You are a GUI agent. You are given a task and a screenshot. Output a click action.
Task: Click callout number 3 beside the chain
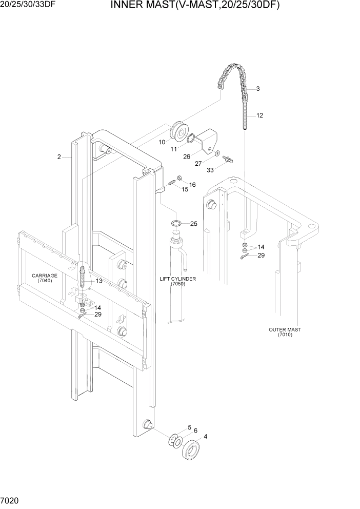[257, 89]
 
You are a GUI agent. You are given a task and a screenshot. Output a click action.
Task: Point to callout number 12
[259, 115]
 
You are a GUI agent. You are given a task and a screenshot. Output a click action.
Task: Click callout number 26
[186, 156]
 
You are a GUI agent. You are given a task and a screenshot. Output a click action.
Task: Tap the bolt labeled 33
[229, 160]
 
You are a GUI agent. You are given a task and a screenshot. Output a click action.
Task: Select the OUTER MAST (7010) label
[285, 332]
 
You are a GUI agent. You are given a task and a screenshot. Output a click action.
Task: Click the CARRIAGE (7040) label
[45, 278]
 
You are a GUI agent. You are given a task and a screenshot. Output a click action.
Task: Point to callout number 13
[98, 281]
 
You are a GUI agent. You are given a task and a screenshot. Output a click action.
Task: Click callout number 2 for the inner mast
[59, 156]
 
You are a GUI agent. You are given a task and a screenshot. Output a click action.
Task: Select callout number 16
[192, 184]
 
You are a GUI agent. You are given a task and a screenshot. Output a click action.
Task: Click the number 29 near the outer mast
[261, 255]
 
